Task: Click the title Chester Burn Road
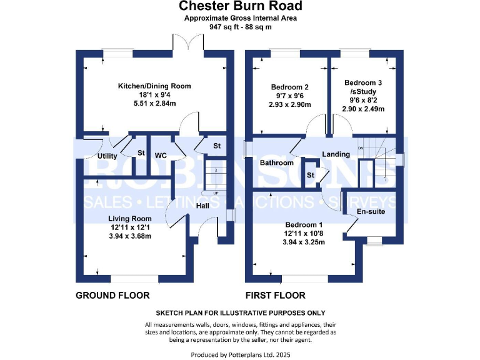tap(241, 6)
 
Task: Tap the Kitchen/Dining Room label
tap(154, 86)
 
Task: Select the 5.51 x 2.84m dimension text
tap(154, 104)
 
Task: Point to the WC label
tap(160, 155)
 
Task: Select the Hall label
tap(202, 206)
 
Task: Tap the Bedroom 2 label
tap(289, 87)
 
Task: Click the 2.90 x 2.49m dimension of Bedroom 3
tap(363, 109)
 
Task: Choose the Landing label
tap(336, 154)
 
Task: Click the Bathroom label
tap(277, 162)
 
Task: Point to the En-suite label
tap(371, 212)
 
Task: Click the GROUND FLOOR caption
tap(112, 295)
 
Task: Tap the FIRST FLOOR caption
tap(276, 295)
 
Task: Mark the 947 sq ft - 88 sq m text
tap(241, 27)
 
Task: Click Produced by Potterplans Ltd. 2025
tap(241, 354)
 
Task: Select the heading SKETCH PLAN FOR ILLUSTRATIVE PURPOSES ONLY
tap(241, 312)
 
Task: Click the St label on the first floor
tap(310, 175)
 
